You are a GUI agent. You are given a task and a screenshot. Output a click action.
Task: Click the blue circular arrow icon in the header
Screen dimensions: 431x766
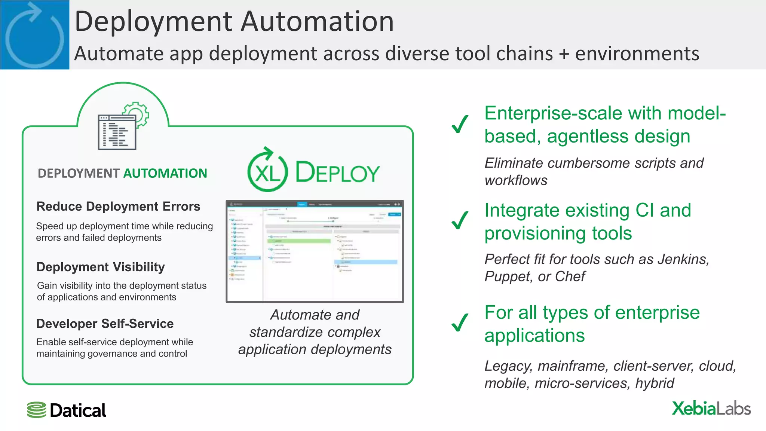coord(34,36)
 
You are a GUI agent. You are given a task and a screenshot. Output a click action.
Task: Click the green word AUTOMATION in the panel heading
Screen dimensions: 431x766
coord(165,173)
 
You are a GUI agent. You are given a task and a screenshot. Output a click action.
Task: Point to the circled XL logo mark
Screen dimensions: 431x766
coord(267,170)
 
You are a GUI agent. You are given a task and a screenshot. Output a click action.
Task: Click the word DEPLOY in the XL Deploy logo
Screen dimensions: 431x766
coord(337,173)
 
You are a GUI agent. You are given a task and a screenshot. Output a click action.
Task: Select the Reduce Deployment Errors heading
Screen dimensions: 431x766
coord(118,207)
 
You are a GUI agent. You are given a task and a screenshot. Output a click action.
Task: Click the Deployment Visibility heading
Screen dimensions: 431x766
coord(101,267)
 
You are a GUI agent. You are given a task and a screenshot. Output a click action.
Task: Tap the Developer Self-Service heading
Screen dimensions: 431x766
coord(105,324)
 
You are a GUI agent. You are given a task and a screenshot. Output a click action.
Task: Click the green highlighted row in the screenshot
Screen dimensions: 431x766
coord(299,241)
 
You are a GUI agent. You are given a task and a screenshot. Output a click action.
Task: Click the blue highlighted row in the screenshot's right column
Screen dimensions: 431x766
coord(366,262)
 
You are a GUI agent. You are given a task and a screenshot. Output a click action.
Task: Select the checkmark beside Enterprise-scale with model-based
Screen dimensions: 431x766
coord(460,124)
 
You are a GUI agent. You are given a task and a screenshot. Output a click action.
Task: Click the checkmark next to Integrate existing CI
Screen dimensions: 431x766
coord(460,221)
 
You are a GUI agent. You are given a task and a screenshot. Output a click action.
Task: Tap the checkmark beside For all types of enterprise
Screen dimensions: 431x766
coord(460,323)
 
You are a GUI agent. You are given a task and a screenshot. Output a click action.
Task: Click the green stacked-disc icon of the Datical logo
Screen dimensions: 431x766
coord(37,410)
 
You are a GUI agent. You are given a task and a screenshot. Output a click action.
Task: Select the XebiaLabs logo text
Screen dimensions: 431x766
coord(711,408)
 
